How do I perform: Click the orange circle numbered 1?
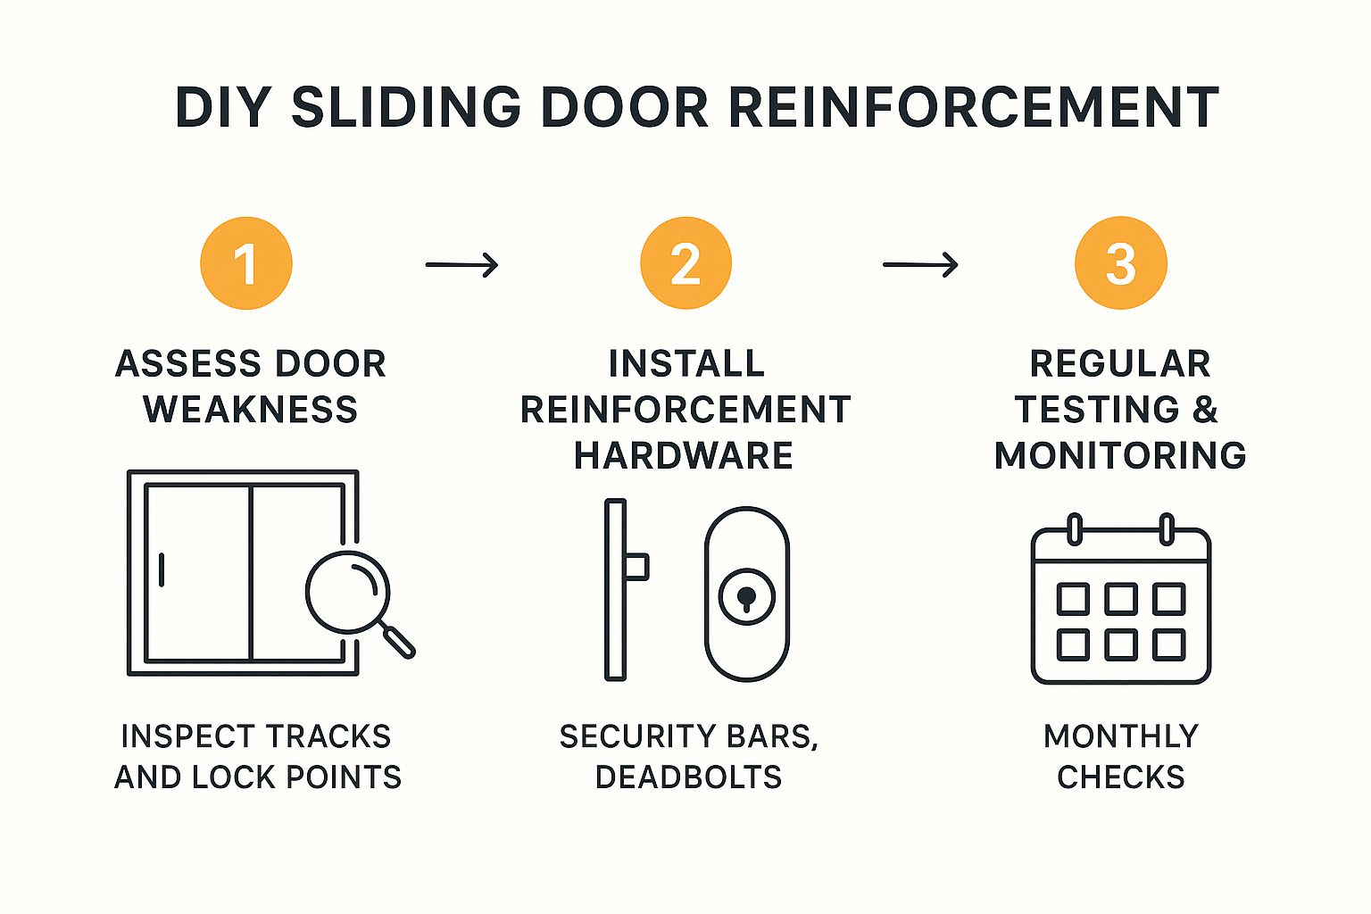pyautogui.click(x=246, y=263)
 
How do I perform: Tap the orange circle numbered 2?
pyautogui.click(x=685, y=263)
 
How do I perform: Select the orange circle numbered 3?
pyautogui.click(x=1120, y=263)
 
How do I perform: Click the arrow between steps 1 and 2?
pyautogui.click(x=461, y=265)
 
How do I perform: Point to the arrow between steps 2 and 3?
pyautogui.click(x=920, y=265)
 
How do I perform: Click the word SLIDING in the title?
pyautogui.click(x=406, y=107)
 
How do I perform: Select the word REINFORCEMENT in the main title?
pyautogui.click(x=974, y=107)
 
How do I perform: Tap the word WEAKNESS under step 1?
pyautogui.click(x=251, y=410)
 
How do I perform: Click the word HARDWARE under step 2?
pyautogui.click(x=684, y=455)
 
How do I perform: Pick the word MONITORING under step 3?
pyautogui.click(x=1120, y=455)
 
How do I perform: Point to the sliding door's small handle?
pyautogui.click(x=162, y=569)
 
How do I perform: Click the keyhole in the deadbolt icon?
pyautogui.click(x=746, y=596)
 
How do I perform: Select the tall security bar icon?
pyautogui.click(x=616, y=589)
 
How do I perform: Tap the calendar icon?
pyautogui.click(x=1120, y=602)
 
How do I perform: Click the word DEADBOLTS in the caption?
pyautogui.click(x=688, y=777)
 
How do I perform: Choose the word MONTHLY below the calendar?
pyautogui.click(x=1121, y=736)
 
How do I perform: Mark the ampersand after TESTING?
pyautogui.click(x=1205, y=410)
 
